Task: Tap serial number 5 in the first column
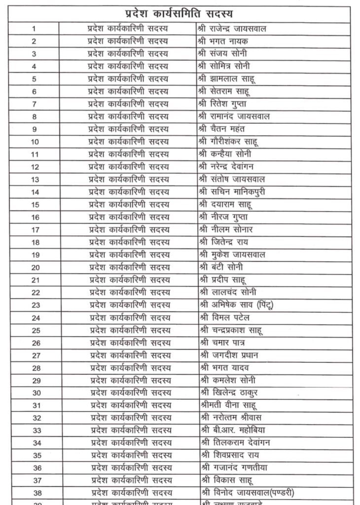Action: point(34,79)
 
